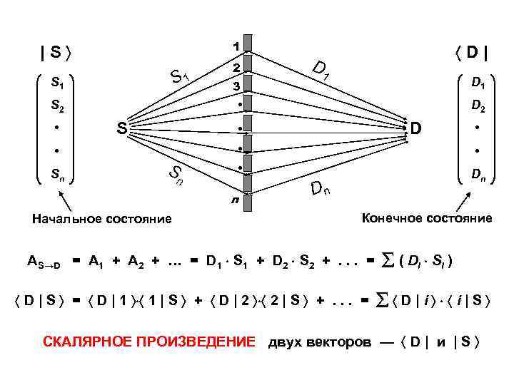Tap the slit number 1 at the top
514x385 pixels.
236,46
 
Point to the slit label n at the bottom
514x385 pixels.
233,201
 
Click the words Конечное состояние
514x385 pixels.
427,217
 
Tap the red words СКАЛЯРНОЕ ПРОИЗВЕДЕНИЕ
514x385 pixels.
148,342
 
